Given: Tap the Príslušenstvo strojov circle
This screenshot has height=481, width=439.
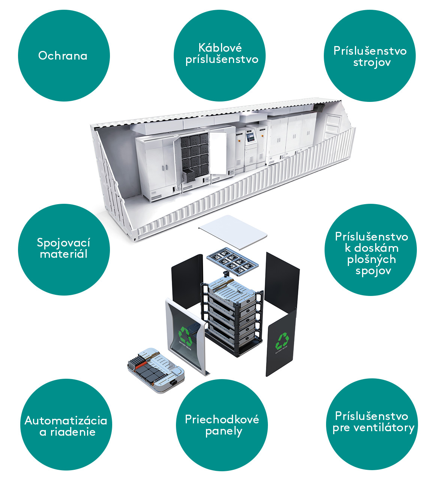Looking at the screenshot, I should (x=370, y=56).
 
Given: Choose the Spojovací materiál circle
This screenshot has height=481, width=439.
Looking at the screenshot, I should (x=64, y=249).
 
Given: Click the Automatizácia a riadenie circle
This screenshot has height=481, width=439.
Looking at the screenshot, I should (x=66, y=425).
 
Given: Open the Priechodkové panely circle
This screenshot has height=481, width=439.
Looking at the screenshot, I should (x=222, y=425).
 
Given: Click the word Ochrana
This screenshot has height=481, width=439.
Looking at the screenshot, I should (x=63, y=56).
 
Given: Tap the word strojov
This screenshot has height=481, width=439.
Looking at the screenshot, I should (x=372, y=62).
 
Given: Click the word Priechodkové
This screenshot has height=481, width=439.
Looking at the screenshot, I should (x=222, y=419).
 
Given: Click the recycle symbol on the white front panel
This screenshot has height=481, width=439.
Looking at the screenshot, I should (x=185, y=335).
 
